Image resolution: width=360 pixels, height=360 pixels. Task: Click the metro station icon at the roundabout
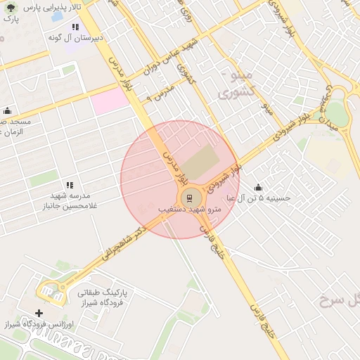pyautogui.click(x=188, y=198)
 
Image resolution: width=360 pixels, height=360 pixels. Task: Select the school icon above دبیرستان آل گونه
pyautogui.click(x=75, y=27)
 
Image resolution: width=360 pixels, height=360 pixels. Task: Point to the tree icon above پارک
pyautogui.click(x=10, y=8)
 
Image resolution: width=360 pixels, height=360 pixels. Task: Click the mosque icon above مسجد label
pyautogui.click(x=8, y=110)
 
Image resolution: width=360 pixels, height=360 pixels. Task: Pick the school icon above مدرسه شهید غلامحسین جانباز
pyautogui.click(x=69, y=184)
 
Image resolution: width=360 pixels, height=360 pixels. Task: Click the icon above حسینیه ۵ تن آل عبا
pyautogui.click(x=258, y=187)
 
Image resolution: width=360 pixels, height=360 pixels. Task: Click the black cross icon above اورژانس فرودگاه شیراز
pyautogui.click(x=39, y=312)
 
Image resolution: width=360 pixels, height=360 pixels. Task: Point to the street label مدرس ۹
pyautogui.click(x=160, y=92)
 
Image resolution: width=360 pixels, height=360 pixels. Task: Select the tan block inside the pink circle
pyautogui.click(x=203, y=162)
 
